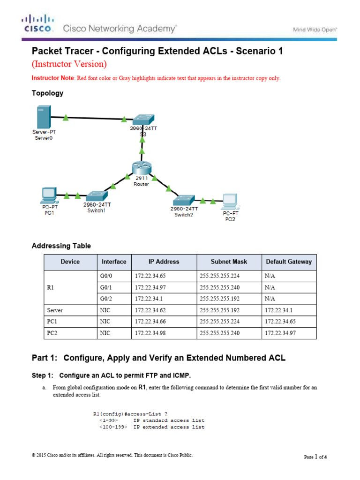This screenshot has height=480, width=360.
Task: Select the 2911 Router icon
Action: click(x=141, y=168)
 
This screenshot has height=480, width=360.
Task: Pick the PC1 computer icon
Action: click(x=48, y=194)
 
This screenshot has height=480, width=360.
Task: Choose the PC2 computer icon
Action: click(x=230, y=201)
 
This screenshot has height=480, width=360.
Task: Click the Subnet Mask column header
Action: click(x=229, y=262)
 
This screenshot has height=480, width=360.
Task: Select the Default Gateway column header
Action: click(x=289, y=262)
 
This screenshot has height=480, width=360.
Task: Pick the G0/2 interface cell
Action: click(x=106, y=298)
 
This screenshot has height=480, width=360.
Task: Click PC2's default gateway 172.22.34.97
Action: click(x=280, y=333)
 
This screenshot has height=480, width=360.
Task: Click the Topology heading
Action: click(x=47, y=93)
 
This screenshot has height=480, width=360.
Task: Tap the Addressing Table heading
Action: click(x=61, y=246)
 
